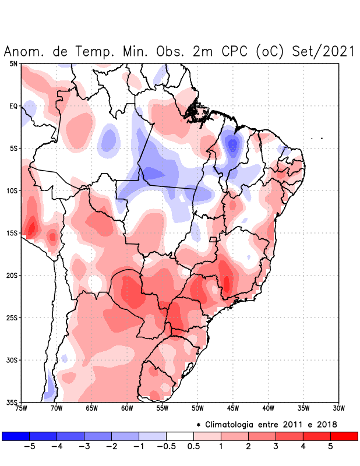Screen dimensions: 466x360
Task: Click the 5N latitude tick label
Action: tap(13, 63)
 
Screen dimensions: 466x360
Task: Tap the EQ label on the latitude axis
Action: tap(13, 106)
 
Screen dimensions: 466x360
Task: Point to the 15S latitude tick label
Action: tap(12, 233)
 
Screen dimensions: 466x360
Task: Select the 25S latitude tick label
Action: tap(12, 317)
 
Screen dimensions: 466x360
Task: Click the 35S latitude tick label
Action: tap(12, 402)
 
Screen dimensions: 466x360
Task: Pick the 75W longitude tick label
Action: tap(21, 408)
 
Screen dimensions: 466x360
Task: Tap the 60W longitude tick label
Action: tap(127, 408)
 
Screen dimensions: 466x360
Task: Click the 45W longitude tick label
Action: tap(232, 408)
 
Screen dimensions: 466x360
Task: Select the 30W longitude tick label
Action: tap(338, 408)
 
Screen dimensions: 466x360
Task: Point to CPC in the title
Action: tap(235, 51)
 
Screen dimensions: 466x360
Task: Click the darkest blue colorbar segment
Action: tap(16, 436)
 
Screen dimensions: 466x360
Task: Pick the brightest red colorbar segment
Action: tap(344, 436)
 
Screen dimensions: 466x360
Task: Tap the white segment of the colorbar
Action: tap(179, 436)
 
